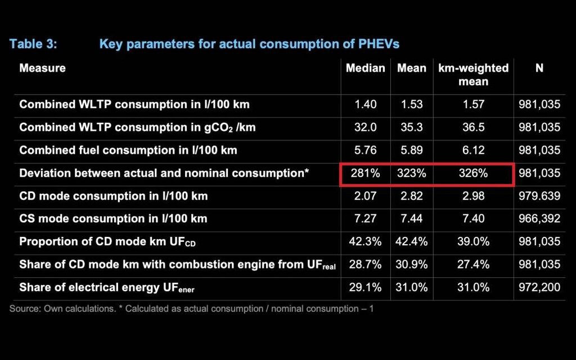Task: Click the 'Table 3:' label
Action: [x=33, y=44]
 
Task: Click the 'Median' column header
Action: [x=366, y=68]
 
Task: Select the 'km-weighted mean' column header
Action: [x=473, y=75]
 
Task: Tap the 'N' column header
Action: [x=539, y=68]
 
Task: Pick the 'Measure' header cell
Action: [x=43, y=68]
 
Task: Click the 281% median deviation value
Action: [x=366, y=173]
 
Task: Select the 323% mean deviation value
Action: [x=412, y=173]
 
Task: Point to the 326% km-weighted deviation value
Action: [x=473, y=173]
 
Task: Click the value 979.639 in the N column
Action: [x=539, y=196]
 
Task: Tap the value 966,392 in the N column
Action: [x=539, y=218]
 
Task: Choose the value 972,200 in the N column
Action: [x=539, y=287]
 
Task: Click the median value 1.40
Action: [x=366, y=105]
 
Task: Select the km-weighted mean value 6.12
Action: [x=473, y=150]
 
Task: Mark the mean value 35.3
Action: [x=412, y=127]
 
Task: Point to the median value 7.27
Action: [x=366, y=218]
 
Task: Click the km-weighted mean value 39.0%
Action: [x=473, y=241]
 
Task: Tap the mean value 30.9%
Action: [x=412, y=264]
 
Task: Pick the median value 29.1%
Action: [x=366, y=287]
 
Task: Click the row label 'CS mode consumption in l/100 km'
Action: [x=113, y=218]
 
